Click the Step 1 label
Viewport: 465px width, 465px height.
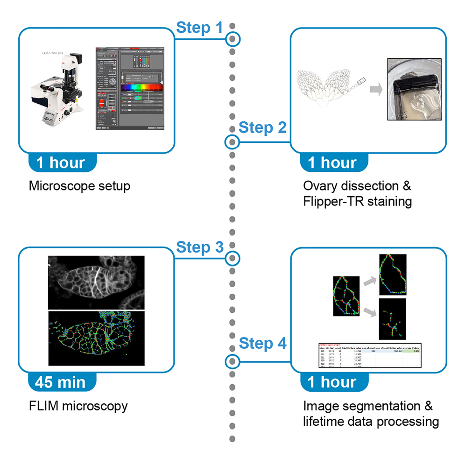pos(199,28)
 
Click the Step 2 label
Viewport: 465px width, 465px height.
pos(262,127)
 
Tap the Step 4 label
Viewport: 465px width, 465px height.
pos(262,344)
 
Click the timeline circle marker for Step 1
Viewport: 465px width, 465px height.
pos(232,40)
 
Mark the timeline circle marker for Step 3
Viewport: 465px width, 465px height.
pos(232,258)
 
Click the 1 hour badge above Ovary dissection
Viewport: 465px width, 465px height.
pos(332,163)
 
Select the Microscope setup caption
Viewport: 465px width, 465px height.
pos(79,186)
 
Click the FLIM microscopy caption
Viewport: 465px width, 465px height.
pos(78,406)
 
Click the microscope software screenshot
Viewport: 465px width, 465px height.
pos(130,89)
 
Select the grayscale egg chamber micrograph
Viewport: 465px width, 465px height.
pos(96,282)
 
